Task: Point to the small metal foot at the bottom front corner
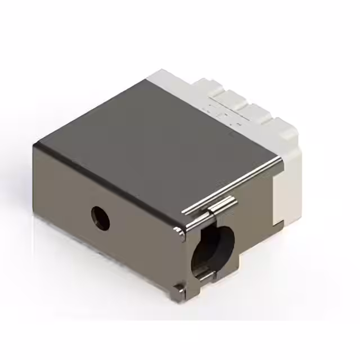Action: click(x=178, y=290)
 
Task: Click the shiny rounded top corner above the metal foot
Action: click(x=179, y=231)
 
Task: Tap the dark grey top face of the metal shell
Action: click(x=152, y=141)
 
